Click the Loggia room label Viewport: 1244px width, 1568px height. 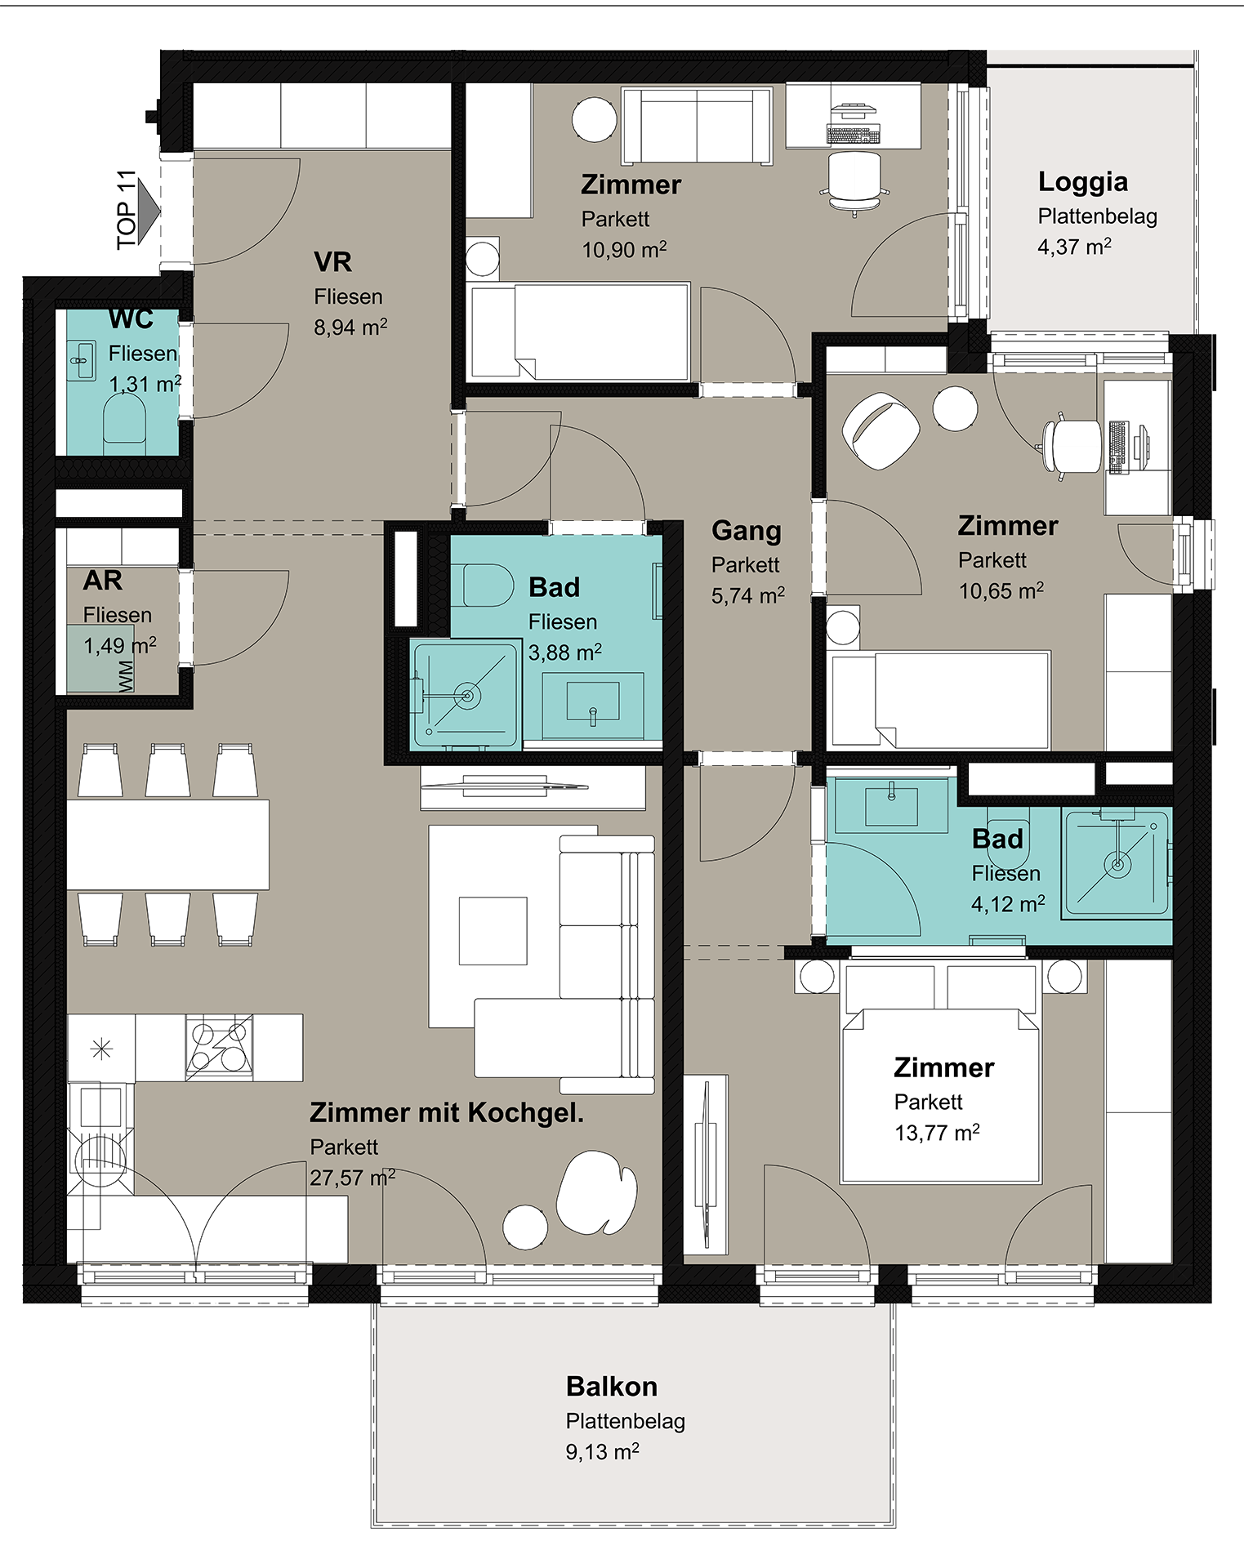(x=1082, y=182)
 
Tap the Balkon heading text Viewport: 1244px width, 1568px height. (x=612, y=1386)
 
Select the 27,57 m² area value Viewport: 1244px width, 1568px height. (x=352, y=1178)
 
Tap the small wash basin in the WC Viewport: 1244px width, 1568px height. (x=81, y=360)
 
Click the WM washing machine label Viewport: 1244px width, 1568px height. (x=126, y=676)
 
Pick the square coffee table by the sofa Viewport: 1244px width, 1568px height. (x=493, y=931)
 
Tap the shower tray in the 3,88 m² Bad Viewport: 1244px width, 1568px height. (x=466, y=695)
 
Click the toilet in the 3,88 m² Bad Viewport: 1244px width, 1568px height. (x=488, y=585)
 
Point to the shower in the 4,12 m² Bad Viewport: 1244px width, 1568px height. (x=1116, y=862)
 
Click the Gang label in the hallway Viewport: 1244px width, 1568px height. (x=747, y=531)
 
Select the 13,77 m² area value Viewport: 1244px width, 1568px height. (x=937, y=1133)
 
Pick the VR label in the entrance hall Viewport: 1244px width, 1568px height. (x=332, y=262)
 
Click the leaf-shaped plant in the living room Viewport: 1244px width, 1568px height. (x=596, y=1192)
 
